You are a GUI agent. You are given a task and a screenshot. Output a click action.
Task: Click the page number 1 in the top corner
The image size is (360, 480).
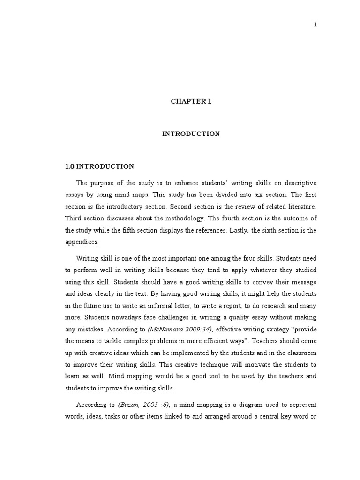tap(315, 25)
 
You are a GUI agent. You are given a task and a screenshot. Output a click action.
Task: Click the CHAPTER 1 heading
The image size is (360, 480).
tap(191, 101)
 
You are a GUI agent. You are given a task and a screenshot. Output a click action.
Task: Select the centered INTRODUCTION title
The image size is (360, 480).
tap(191, 134)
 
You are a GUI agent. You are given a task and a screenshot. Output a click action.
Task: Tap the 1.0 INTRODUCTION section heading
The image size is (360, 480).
tap(99, 166)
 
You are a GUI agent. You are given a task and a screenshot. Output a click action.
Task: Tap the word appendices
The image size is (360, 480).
tap(82, 242)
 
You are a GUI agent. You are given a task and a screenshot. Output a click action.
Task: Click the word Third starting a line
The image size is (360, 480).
tap(74, 218)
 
